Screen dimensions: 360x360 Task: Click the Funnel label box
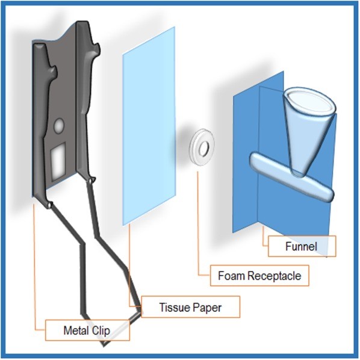click(302, 246)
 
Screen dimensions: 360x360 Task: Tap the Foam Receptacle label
click(259, 276)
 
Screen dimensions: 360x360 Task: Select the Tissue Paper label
click(191, 307)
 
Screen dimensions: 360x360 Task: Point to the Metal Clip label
click(87, 330)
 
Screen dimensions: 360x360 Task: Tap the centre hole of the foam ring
click(203, 148)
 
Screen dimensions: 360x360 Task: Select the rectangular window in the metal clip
click(58, 161)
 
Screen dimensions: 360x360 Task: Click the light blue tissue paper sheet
click(149, 126)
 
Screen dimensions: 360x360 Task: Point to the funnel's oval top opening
click(309, 101)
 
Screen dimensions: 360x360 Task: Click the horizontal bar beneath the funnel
click(291, 177)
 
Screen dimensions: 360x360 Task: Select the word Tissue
click(174, 307)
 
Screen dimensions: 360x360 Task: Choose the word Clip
click(101, 331)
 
